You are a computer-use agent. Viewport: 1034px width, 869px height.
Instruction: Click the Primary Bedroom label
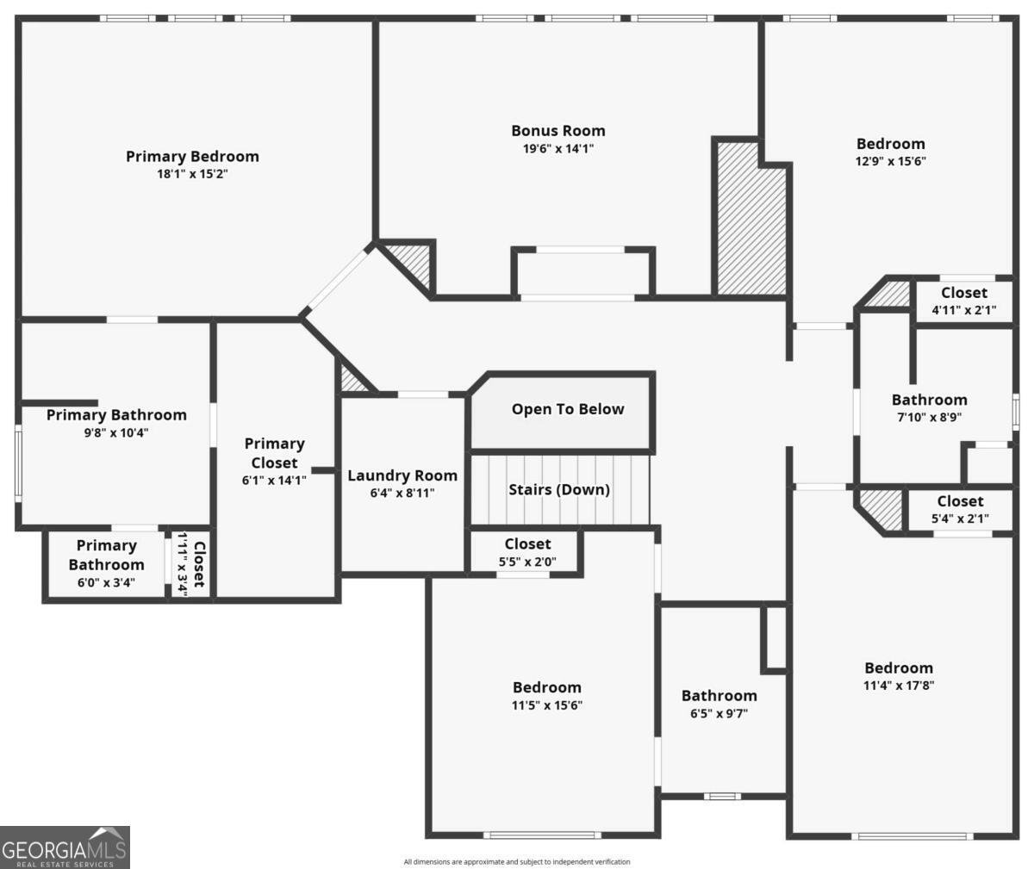click(x=192, y=157)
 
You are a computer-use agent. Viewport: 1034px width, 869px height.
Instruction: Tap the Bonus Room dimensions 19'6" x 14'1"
click(x=558, y=148)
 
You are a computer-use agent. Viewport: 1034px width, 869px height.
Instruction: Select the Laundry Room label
click(x=402, y=475)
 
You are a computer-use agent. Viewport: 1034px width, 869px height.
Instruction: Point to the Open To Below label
click(x=568, y=409)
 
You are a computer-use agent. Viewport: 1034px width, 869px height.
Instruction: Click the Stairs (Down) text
click(x=559, y=489)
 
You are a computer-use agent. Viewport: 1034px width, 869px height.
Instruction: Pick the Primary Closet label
click(x=274, y=453)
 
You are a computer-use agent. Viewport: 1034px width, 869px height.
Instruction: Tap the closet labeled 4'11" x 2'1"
click(x=963, y=301)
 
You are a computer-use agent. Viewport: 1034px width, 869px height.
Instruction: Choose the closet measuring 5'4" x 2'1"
click(x=960, y=510)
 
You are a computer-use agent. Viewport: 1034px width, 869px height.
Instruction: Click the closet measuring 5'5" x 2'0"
click(x=527, y=552)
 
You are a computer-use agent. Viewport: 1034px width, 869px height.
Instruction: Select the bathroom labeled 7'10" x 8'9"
click(x=929, y=408)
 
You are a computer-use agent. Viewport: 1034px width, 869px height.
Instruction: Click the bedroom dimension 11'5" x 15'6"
click(x=546, y=705)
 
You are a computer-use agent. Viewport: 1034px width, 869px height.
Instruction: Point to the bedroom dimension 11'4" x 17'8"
click(x=899, y=686)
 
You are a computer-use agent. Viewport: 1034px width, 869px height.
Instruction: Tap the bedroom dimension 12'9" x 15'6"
click(x=890, y=161)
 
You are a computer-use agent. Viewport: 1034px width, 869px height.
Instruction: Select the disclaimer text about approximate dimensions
click(x=516, y=861)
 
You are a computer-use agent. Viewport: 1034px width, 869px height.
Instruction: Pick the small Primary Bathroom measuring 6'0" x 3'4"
click(x=106, y=563)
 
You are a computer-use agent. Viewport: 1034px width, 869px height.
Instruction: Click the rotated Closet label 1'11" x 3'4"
click(x=191, y=564)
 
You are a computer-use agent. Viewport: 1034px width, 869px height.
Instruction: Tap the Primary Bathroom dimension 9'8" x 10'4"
click(x=115, y=433)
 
